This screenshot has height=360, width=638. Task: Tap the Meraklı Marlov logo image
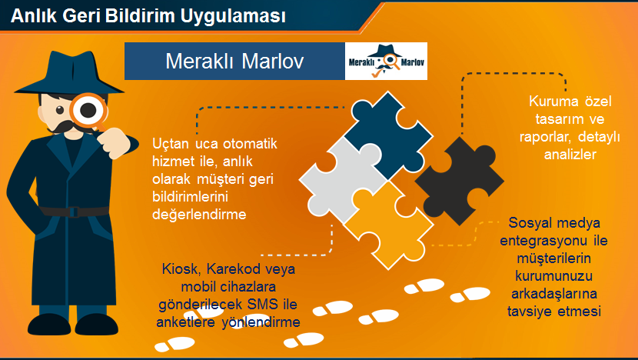386,62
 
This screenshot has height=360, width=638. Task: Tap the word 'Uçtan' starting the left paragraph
170,144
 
